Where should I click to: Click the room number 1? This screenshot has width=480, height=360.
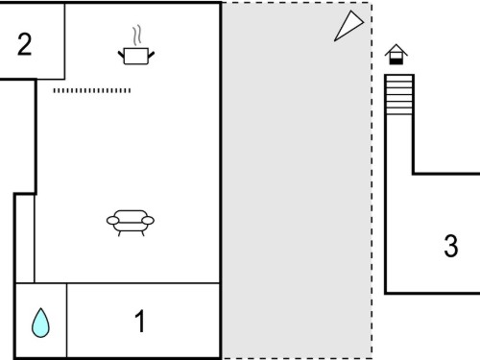pos(140,321)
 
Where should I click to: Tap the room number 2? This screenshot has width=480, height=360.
pos(25,44)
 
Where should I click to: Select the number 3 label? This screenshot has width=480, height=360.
pos(451,246)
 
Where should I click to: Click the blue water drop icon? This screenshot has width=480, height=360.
pos(40,323)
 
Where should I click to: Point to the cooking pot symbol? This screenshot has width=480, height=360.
pos(136,56)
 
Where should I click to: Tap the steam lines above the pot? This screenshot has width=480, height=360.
pos(137,36)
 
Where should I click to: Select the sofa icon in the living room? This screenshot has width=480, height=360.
pos(131,223)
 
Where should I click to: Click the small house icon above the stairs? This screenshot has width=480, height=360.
pos(396,55)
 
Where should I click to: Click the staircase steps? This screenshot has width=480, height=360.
pos(399,95)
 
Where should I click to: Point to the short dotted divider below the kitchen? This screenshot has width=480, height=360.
pos(92,90)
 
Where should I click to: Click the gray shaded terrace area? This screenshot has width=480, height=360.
pos(297,180)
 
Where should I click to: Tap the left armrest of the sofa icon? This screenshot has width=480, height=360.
pos(112,221)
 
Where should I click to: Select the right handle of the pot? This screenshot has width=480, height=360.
pos(151,55)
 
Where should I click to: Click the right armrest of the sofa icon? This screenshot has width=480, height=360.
pos(148,221)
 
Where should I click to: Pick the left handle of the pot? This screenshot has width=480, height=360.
pos(121,55)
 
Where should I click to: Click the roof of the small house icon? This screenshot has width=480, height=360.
pos(396,49)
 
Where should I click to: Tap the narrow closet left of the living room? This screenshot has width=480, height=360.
pos(25,239)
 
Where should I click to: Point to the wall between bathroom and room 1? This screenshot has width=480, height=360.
pos(66,320)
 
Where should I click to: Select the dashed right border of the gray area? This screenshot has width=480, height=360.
pos(372,180)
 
